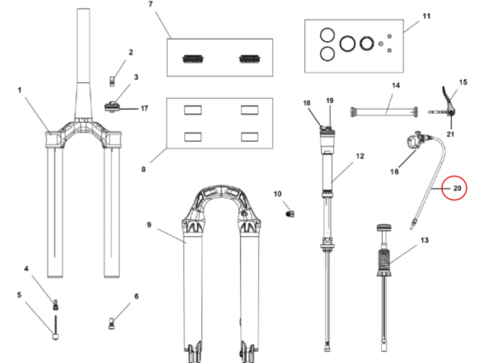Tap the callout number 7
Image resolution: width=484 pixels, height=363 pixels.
tap(150, 4)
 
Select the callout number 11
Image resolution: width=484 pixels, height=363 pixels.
tap(426, 15)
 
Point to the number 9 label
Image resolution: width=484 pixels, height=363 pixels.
tap(149, 225)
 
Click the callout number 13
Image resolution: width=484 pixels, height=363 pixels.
tap(424, 240)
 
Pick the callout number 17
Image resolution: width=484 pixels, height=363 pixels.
tap(144, 108)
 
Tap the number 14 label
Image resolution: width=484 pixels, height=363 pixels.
tap(396, 86)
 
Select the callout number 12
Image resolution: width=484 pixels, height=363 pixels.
tap(360, 157)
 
